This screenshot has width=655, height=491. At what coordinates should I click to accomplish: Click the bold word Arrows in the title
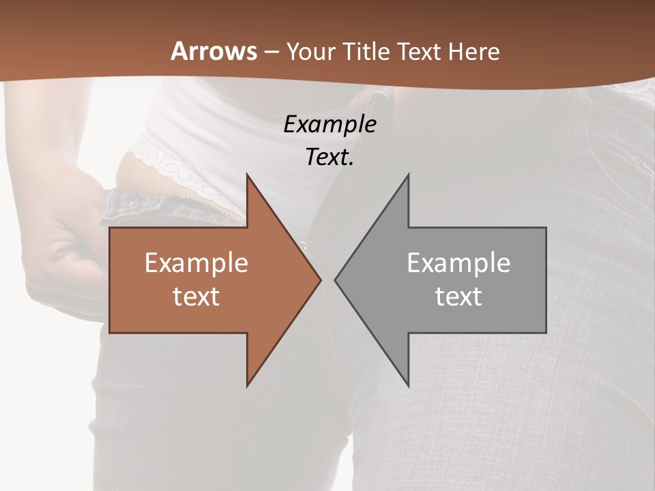214,51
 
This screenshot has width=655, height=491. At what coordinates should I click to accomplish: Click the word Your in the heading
311,52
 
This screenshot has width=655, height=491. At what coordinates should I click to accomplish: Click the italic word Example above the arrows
330,124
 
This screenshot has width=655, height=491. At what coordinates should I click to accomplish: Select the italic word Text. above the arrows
330,157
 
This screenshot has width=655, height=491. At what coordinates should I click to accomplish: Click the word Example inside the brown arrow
196,263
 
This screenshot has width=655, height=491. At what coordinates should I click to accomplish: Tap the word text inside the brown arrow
196,296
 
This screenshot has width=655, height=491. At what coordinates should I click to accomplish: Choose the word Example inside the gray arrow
458,263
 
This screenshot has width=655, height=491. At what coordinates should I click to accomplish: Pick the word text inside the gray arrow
458,296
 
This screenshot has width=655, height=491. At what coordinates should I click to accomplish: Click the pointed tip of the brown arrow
321,280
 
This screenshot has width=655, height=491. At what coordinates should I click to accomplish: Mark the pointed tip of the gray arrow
335,280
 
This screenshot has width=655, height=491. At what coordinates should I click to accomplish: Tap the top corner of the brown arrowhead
247,174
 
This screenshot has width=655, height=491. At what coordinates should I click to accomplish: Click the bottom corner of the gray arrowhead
408,387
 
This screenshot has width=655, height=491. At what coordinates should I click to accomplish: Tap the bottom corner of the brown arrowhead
247,387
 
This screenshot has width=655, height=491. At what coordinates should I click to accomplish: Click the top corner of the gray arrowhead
408,174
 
